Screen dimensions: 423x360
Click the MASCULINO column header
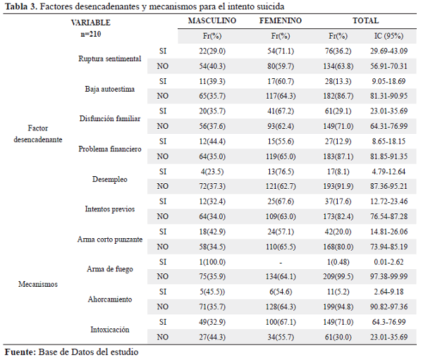212,20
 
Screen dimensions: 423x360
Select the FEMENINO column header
281,20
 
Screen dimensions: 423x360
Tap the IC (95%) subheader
388,36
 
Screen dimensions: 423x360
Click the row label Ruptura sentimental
110,58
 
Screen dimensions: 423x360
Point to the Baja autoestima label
110,89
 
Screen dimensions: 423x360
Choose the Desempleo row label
110,179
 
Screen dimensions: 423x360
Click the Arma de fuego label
110,269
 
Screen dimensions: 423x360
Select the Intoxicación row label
110,329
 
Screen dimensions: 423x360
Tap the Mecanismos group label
38,284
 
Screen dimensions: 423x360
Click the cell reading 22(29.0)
212,51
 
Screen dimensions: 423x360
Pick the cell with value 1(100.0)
212,262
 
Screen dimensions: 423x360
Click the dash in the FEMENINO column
281,262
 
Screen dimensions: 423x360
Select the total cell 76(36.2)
338,51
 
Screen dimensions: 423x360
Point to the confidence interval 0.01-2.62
388,262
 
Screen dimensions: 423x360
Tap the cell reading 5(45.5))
212,292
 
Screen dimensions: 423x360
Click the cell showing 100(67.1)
281,322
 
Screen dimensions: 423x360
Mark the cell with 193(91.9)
338,186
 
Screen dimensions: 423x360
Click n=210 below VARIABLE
91,34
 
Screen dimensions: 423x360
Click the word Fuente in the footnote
20,352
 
